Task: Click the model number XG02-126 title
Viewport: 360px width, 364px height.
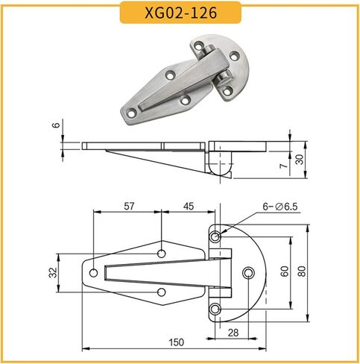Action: pos(180,13)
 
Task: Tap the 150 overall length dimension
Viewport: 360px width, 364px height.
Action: pos(177,342)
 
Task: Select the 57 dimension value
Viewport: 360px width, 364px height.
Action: pos(129,206)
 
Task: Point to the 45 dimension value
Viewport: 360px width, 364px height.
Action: pos(189,206)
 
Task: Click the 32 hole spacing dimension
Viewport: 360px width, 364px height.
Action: pos(54,272)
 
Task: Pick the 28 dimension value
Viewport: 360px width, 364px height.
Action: pos(233,333)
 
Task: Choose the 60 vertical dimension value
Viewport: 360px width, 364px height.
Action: pos(285,271)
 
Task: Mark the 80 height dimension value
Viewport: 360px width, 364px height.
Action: pos(302,271)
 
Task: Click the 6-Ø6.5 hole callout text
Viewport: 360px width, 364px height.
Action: pos(280,207)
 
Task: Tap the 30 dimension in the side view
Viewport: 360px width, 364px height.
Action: pos(300,160)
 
